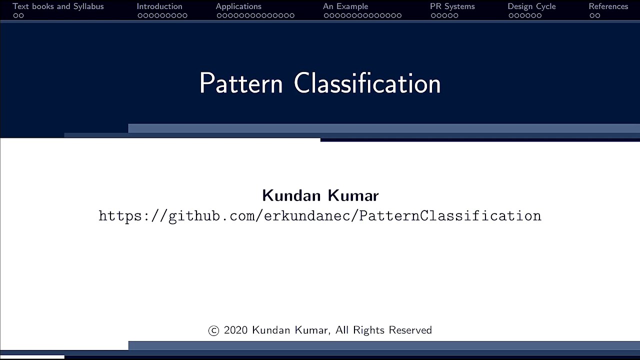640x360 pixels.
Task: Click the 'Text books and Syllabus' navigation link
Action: [x=58, y=6]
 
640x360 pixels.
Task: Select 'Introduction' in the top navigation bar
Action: [x=159, y=6]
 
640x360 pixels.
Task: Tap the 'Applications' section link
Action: [x=238, y=6]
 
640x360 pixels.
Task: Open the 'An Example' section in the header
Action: [x=345, y=6]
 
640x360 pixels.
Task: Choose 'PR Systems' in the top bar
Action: [x=452, y=6]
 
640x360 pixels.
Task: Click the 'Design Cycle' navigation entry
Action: [x=531, y=6]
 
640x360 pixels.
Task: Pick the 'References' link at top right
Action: [x=608, y=6]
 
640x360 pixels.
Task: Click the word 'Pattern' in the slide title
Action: [x=241, y=83]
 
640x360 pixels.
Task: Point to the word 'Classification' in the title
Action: [x=367, y=83]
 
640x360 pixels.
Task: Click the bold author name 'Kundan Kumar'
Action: [x=320, y=195]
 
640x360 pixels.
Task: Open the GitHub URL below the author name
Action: [x=320, y=216]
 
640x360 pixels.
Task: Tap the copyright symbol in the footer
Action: [x=213, y=330]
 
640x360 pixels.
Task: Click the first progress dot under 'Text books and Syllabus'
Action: [x=15, y=15]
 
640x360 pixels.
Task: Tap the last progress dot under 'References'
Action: [x=597, y=15]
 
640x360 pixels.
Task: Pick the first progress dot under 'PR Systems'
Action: [x=433, y=15]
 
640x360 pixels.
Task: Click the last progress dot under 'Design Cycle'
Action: [x=539, y=15]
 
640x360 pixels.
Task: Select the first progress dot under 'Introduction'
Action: [x=140, y=15]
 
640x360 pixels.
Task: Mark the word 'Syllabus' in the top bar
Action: [x=88, y=6]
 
